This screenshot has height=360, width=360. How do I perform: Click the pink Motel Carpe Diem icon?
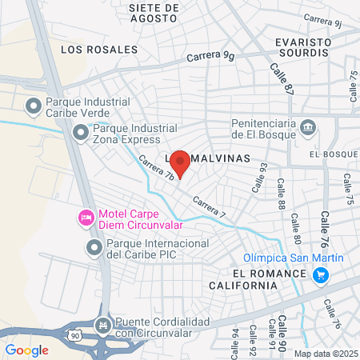pos(85,218)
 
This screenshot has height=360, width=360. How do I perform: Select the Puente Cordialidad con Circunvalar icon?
pos(102,326)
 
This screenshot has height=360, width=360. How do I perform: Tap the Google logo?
pos(27,350)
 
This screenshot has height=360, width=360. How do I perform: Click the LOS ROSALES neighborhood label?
pos(100,50)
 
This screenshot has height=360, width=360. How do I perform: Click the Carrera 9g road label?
pos(210,56)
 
